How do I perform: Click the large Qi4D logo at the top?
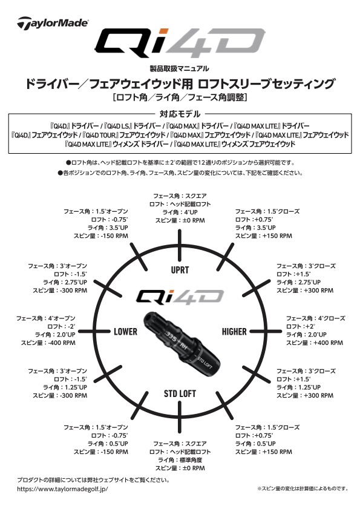180,43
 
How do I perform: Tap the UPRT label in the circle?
180,269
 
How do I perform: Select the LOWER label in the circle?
125,332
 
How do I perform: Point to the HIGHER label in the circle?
234,332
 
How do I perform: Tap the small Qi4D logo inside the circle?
179,295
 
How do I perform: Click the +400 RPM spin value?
312,343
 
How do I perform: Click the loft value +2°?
301,326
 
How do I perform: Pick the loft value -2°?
67,326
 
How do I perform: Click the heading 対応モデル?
180,114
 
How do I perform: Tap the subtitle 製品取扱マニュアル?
180,68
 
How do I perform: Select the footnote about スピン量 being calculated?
302,488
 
